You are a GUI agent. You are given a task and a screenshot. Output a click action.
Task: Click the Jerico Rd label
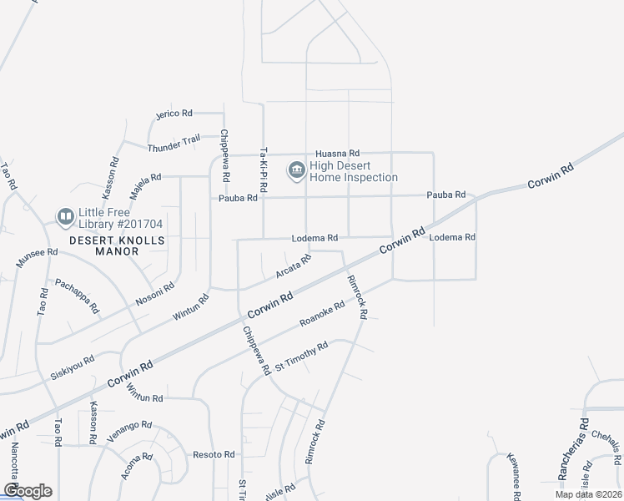pos(174,113)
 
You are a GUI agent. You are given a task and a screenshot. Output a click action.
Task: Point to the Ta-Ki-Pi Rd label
pos(263,171)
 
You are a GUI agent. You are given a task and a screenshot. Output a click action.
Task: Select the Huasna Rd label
pos(337,154)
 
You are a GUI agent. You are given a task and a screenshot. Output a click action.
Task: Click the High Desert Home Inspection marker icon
pos(296,171)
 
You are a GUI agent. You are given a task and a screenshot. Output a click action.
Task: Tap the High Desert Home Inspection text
pos(354,171)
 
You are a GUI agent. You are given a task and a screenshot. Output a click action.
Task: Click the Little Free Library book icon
pos(65,218)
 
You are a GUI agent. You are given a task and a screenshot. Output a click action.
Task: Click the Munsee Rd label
pos(37,256)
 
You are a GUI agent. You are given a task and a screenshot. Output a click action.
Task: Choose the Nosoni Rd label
pos(156,296)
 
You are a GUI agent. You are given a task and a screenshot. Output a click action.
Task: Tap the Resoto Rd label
pos(214,454)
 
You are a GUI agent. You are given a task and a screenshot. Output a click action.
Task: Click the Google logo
pos(28,491)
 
